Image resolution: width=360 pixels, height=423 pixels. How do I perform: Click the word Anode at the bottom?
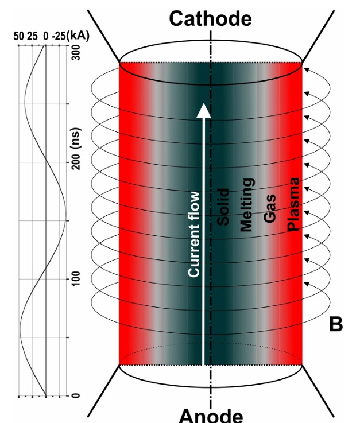click(211, 415)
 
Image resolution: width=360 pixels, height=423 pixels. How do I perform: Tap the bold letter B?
click(336, 324)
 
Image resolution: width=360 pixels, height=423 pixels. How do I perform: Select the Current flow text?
click(194, 234)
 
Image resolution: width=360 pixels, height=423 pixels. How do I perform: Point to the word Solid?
click(224, 207)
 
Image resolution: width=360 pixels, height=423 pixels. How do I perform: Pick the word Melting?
click(247, 205)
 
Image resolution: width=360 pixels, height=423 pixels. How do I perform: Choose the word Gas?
click(270, 207)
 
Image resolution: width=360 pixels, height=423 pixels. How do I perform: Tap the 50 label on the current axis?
click(18, 36)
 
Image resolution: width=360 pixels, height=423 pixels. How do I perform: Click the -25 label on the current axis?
click(59, 36)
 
